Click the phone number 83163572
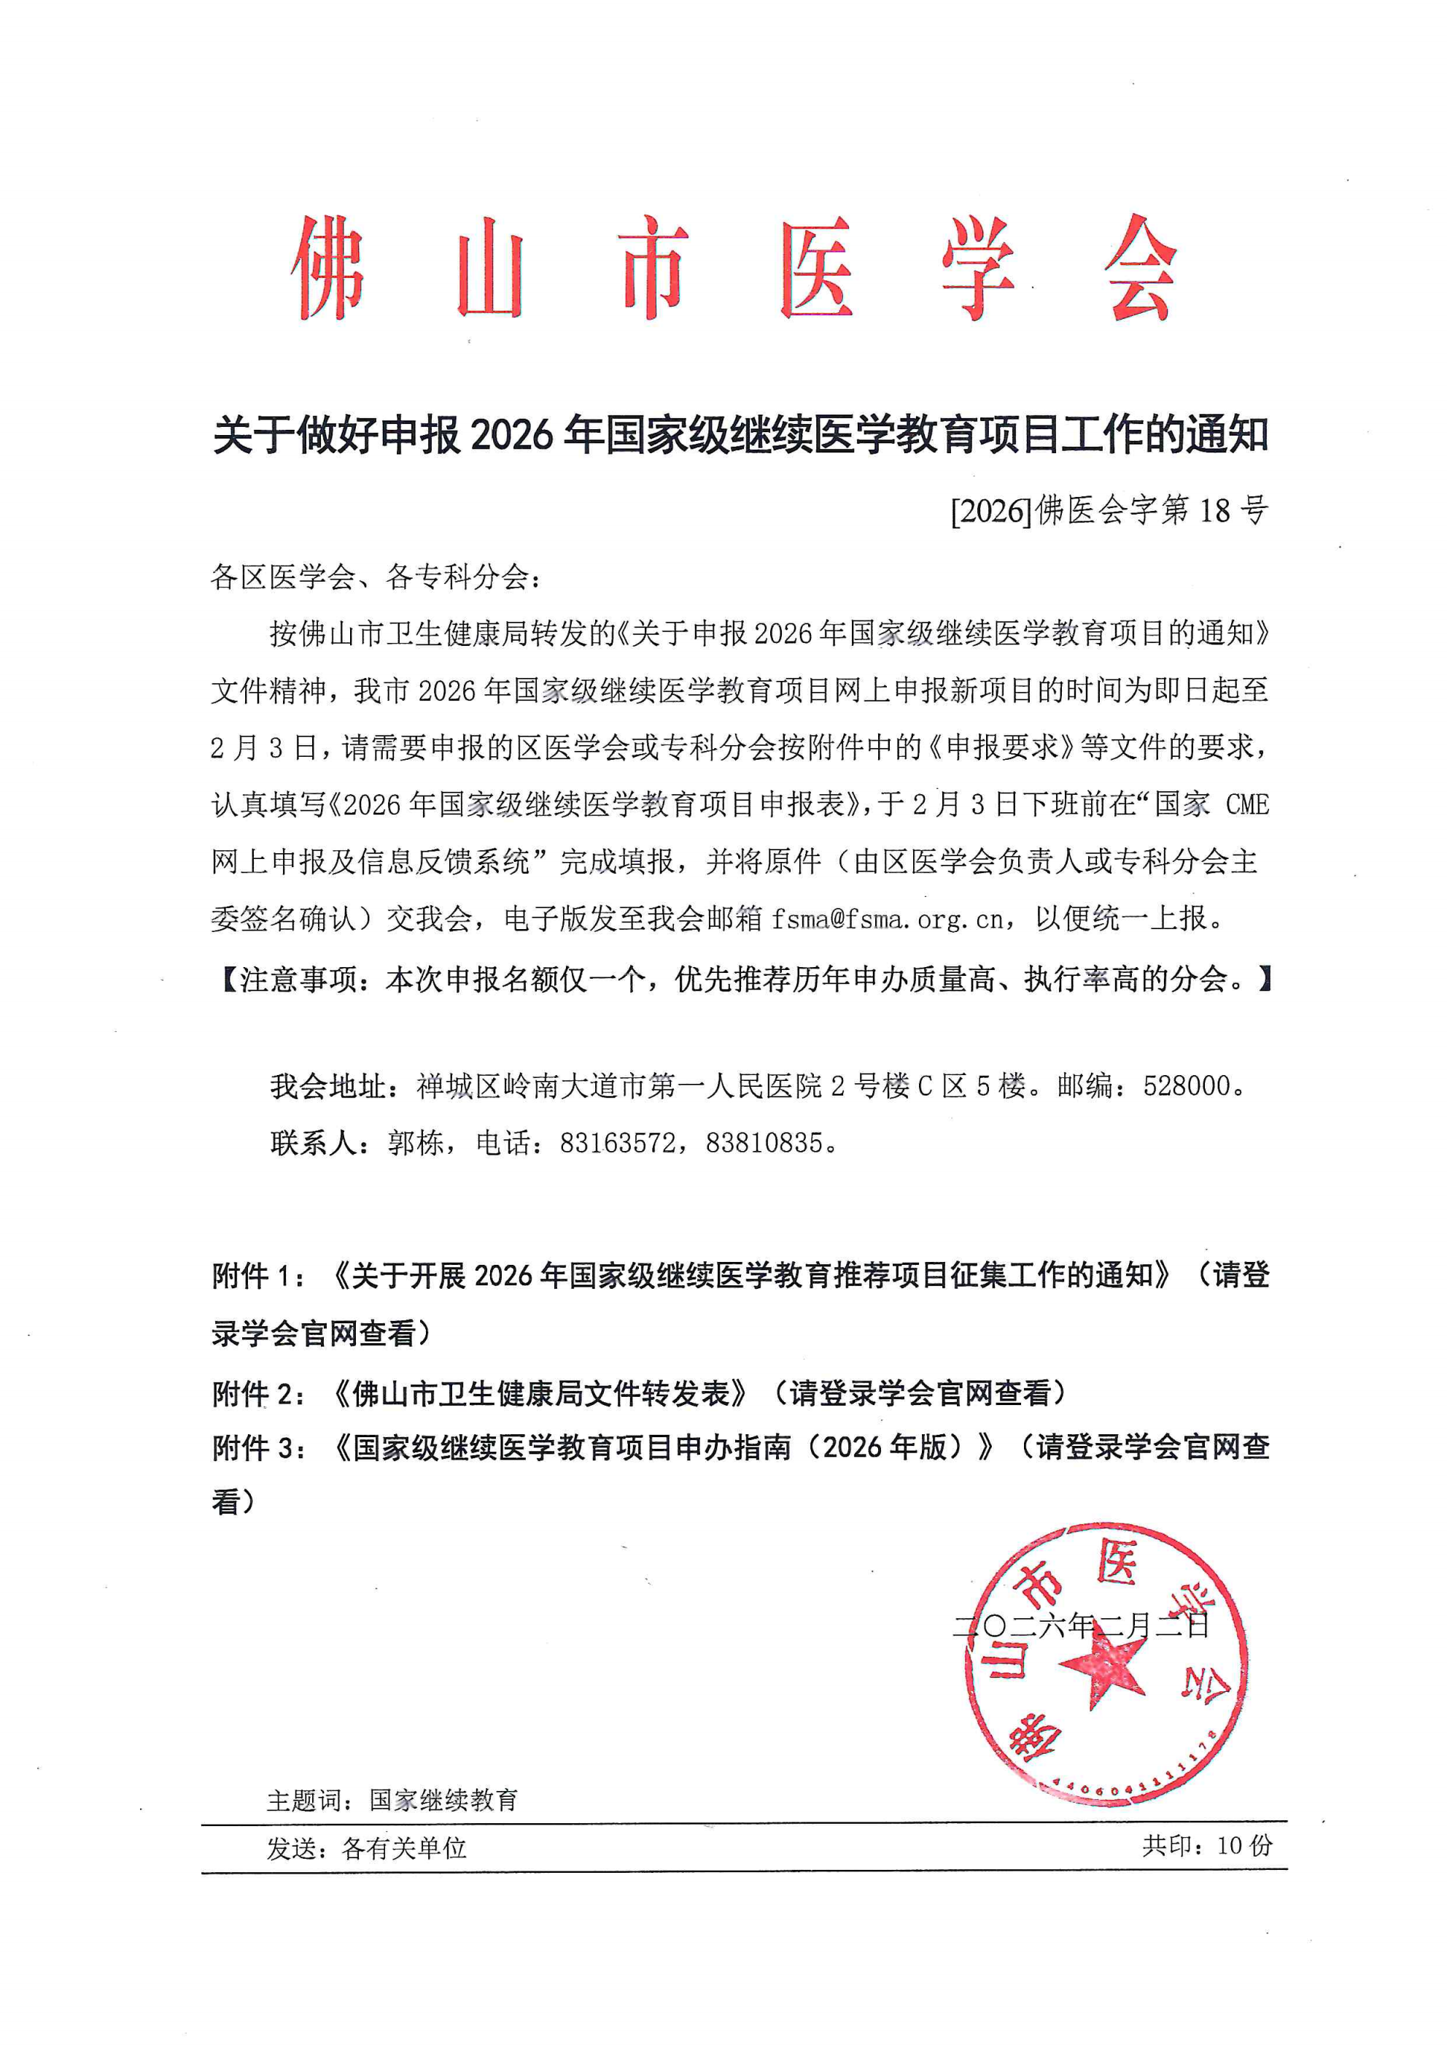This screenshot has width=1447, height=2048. tap(617, 1143)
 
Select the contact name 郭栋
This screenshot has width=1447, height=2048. tap(416, 1143)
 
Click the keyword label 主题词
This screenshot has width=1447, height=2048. tap(303, 1800)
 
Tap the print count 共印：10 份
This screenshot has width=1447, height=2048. tap(1206, 1846)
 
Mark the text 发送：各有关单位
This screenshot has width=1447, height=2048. tap(366, 1848)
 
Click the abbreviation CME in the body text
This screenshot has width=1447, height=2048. tap(1246, 804)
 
